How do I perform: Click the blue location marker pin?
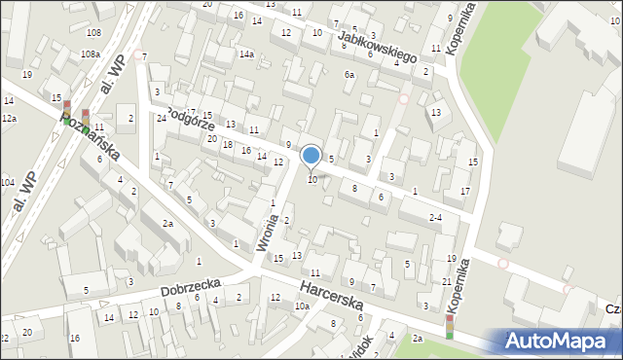click(x=311, y=156)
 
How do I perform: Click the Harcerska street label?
click(x=332, y=296)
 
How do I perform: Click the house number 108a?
click(x=91, y=54)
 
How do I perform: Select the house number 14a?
click(x=246, y=54)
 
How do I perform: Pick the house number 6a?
click(x=348, y=75)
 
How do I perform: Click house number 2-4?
click(x=436, y=218)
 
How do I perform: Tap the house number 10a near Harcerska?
click(x=302, y=306)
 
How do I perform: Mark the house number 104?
click(x=7, y=182)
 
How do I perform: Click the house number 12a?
click(x=9, y=118)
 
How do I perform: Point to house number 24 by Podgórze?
click(x=161, y=118)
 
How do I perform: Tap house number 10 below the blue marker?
click(x=312, y=179)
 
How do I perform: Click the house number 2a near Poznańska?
click(x=167, y=224)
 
